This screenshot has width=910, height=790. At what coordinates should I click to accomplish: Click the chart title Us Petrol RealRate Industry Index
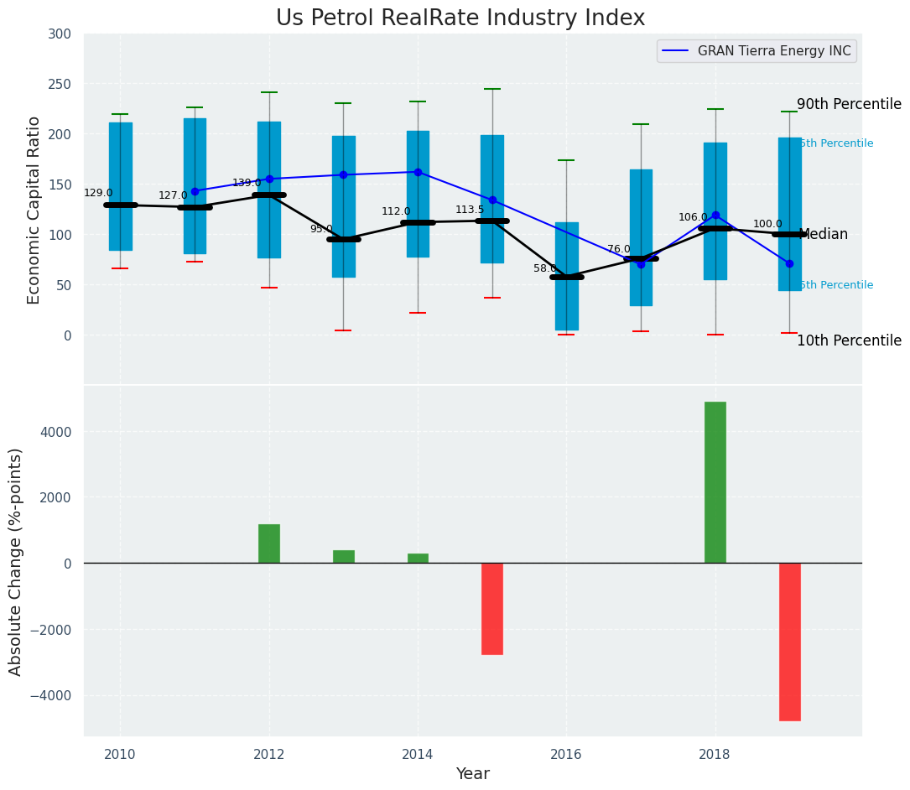pos(460,18)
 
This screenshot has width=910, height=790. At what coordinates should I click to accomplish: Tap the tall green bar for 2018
pos(715,482)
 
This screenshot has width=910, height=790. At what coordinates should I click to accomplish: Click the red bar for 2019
pos(789,642)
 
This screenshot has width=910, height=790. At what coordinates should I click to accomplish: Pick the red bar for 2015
pos(491,608)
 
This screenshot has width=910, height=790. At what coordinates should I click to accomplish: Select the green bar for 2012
pos(268,543)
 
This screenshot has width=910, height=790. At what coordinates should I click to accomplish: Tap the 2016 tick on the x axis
pos(566,754)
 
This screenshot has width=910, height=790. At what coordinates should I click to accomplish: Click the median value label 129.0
pos(98,193)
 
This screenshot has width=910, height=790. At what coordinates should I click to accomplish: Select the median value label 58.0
pos(546,268)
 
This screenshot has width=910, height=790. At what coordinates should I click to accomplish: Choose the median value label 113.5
pos(470,210)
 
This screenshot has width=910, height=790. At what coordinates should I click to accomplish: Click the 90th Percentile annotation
pos(849,105)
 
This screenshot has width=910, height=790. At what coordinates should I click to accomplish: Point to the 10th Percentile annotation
pos(849,340)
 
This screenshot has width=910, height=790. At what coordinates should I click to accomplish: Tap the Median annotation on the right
pos(824,235)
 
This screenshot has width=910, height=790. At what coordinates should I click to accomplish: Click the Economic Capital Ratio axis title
pos(34,210)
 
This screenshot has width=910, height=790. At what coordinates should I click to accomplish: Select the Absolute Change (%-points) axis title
pos(16,561)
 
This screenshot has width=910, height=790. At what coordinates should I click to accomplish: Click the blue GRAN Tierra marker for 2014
pos(418,172)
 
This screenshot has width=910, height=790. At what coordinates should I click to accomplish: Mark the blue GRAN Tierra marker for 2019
pos(789,263)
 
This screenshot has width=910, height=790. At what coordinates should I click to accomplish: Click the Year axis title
pos(473,774)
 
